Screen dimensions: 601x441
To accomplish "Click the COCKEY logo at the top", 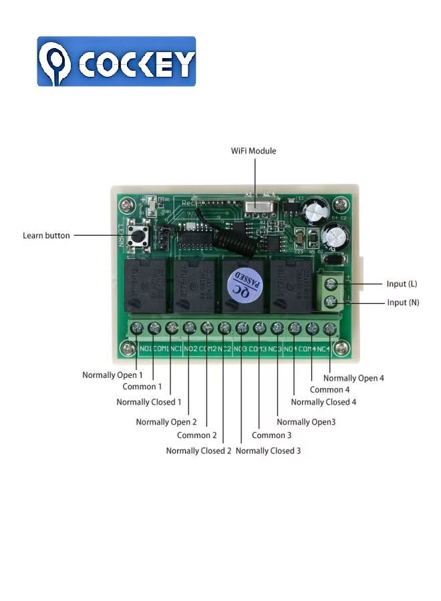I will tap(116, 61).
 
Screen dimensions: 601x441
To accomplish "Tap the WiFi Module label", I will tap(253, 151).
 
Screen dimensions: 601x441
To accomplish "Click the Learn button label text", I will tap(46, 236).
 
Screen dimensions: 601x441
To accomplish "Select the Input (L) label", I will tap(402, 284).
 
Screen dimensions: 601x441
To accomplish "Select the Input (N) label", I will tap(403, 303).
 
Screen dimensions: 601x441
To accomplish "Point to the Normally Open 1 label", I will tap(112, 375).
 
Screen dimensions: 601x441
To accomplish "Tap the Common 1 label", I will tap(142, 387).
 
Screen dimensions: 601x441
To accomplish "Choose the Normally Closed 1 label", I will tap(149, 402).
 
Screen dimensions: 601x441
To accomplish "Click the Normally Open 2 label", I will tap(166, 422).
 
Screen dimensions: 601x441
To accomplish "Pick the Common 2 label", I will tap(196, 435).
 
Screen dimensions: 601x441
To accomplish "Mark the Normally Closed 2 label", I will tap(198, 451).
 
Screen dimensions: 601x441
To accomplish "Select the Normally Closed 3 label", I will tap(268, 451).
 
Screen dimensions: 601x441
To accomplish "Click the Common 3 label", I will tap(271, 435).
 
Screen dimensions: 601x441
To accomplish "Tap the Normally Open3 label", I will tap(306, 422).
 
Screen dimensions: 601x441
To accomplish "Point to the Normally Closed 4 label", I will tap(323, 402).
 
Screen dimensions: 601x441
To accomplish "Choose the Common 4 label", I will tap(329, 390).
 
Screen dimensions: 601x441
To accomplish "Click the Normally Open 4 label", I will tap(353, 378).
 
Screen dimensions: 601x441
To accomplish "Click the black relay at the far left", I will tap(144, 286).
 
